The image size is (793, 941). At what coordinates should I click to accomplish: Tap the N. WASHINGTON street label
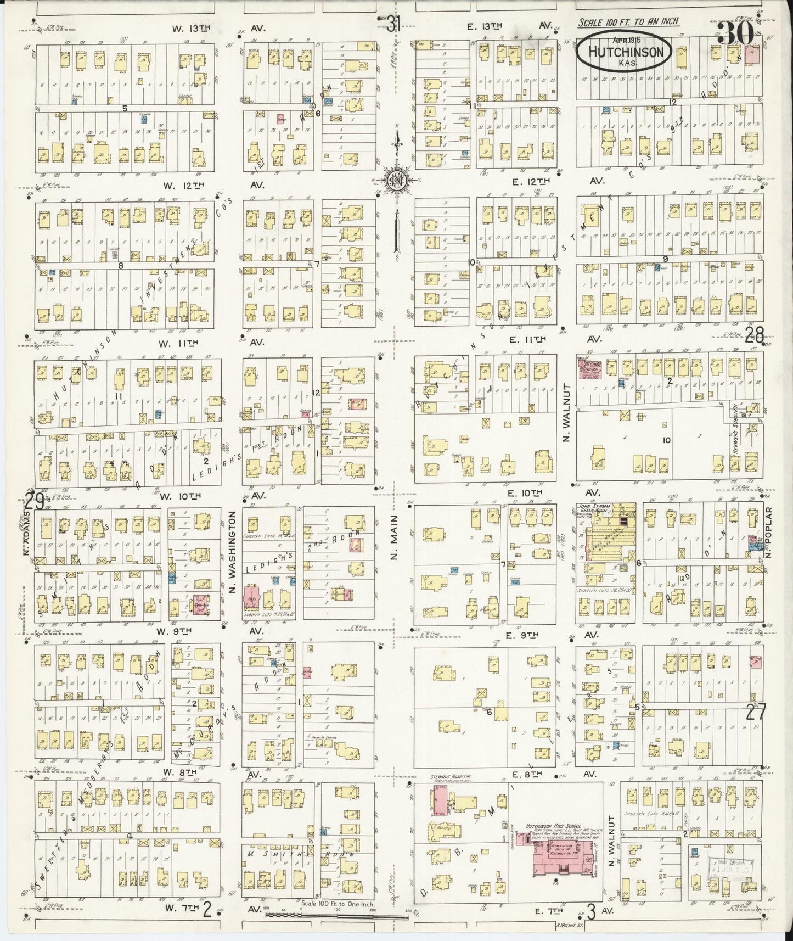coord(233,551)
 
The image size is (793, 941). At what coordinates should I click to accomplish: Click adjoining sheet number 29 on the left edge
coord(33,501)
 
